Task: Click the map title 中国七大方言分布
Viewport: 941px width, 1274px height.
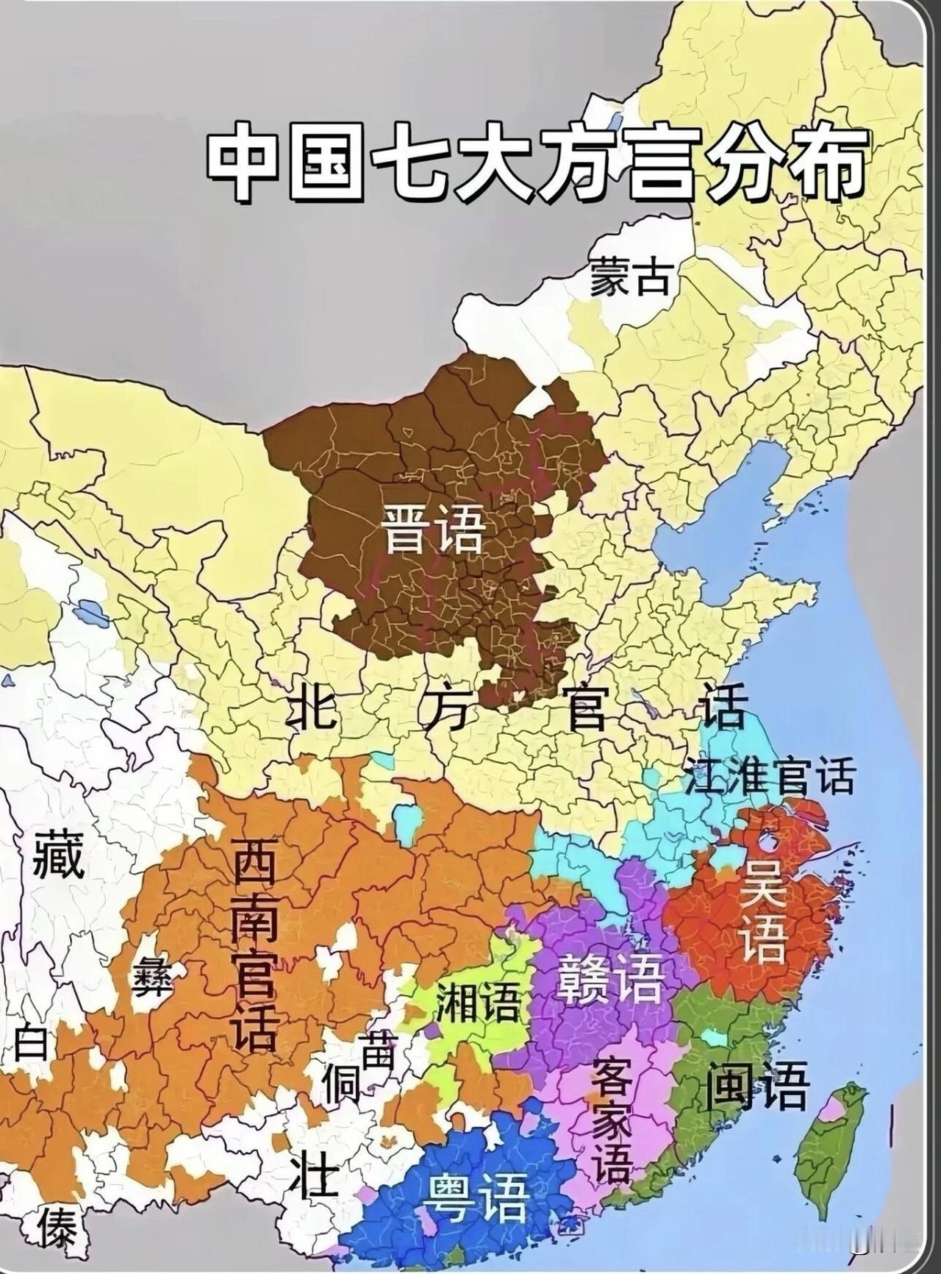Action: coord(535,162)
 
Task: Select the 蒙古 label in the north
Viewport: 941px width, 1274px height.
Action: coord(630,278)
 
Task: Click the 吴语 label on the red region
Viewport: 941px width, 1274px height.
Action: coord(762,911)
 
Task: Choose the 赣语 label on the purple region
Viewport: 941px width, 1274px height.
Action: coord(611,979)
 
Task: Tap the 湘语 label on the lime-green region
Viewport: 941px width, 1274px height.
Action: coord(477,1001)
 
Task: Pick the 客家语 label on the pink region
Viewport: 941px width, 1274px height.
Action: coord(612,1119)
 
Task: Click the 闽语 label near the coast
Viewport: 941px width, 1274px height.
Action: coord(757,1085)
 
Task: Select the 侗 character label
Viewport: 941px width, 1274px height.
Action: coord(341,1083)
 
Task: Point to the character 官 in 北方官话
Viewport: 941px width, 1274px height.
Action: coord(586,707)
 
